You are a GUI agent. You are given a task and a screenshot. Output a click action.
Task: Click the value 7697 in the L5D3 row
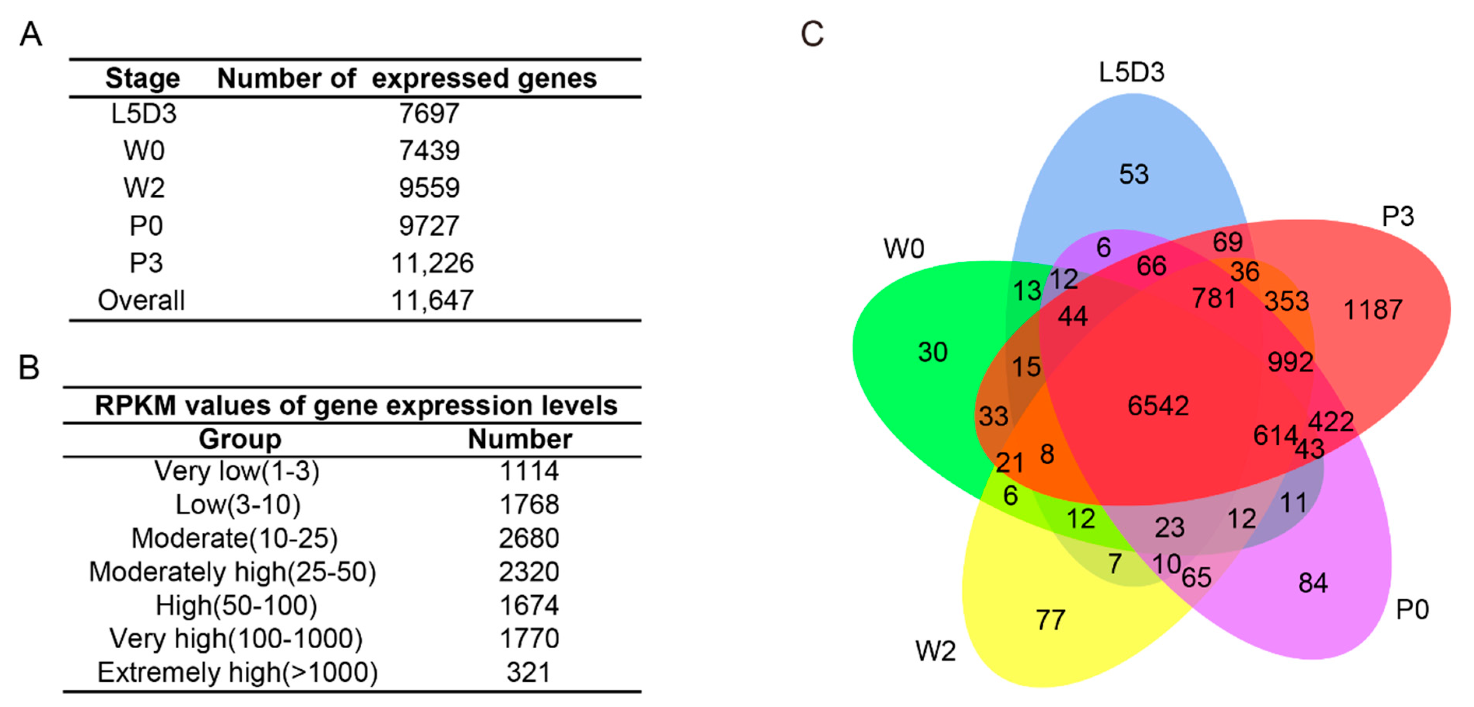[x=429, y=113]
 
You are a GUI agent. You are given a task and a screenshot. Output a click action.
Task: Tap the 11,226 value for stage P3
[x=432, y=263]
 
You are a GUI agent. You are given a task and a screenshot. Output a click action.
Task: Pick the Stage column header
[x=142, y=78]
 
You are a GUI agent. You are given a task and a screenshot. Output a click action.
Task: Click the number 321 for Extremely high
[x=528, y=672]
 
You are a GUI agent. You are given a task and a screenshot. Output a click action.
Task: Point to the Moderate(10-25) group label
[x=235, y=538]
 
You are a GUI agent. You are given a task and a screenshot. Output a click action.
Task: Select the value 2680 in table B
[x=528, y=538]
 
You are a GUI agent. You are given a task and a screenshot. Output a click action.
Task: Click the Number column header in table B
[x=520, y=439]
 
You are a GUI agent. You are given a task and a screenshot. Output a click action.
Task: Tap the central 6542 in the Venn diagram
[x=1158, y=405]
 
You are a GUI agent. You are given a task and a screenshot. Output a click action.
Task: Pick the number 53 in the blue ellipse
[x=1134, y=174]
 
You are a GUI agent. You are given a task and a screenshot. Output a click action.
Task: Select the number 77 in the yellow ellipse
[x=1050, y=619]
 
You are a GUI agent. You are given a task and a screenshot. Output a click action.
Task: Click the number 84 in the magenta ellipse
[x=1313, y=583]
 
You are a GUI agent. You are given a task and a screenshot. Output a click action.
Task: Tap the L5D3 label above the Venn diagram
[x=1131, y=73]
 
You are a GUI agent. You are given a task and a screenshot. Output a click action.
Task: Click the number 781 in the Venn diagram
[x=1214, y=298]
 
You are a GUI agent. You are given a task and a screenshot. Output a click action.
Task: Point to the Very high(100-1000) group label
[x=236, y=639]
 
